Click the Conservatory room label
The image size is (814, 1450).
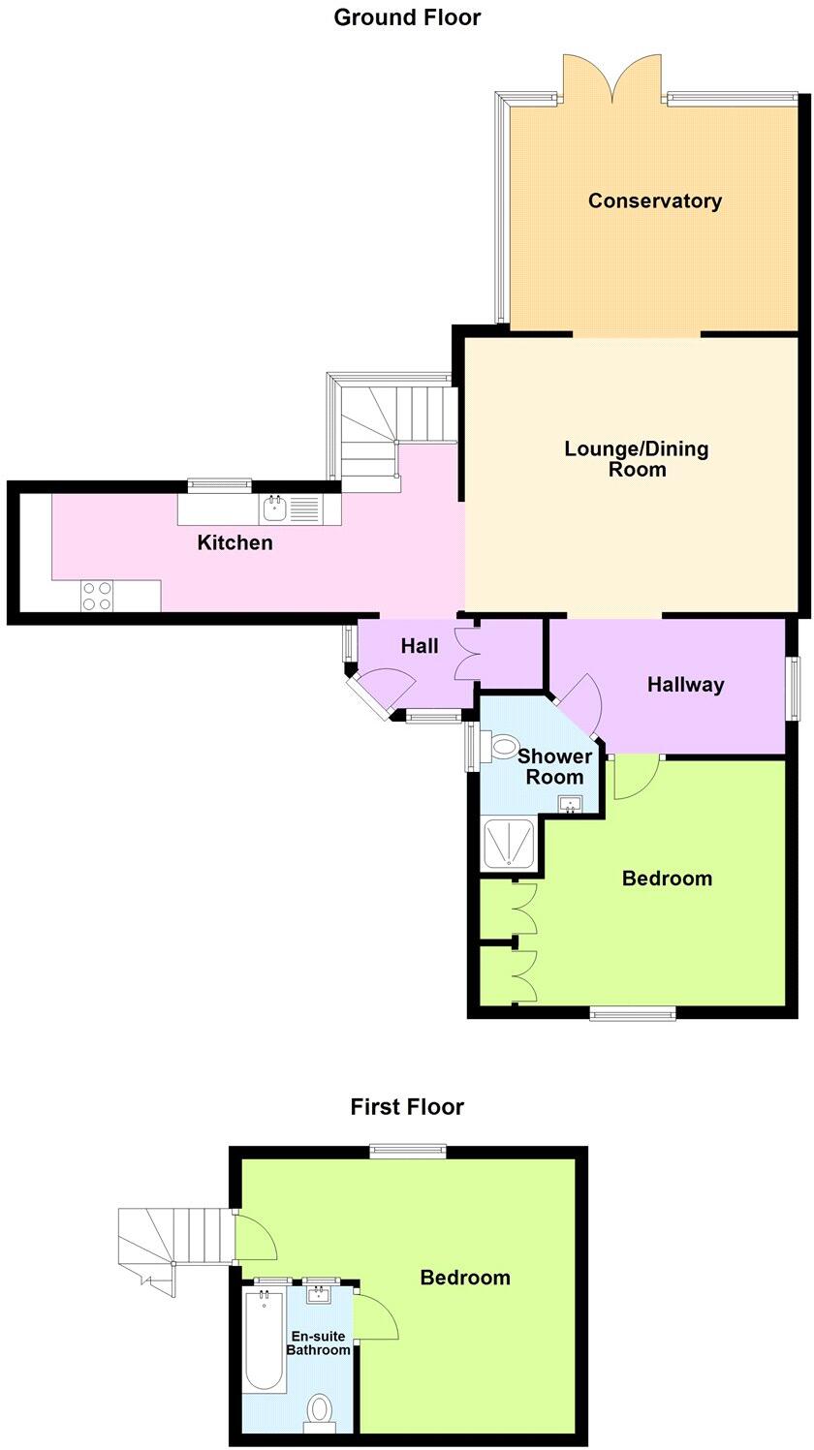tap(655, 201)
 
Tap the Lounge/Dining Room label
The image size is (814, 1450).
tap(637, 459)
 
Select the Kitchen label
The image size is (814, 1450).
tap(235, 542)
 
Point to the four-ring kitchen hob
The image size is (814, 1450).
tap(96, 595)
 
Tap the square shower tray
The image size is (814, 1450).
tap(512, 844)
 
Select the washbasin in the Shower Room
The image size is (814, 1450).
tap(570, 802)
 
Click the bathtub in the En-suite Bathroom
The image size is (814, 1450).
tap(264, 1341)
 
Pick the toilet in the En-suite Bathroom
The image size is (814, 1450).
tap(320, 1411)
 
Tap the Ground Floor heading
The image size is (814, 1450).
tap(407, 17)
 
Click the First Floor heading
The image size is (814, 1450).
tap(407, 1106)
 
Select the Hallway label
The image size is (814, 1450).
tap(686, 685)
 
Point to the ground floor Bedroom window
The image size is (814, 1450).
tap(633, 1014)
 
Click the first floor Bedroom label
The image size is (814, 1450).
tap(465, 1278)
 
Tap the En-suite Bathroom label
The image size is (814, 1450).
tap(318, 1343)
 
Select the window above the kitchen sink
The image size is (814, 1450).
tap(219, 484)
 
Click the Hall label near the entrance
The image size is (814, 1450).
tap(420, 646)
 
